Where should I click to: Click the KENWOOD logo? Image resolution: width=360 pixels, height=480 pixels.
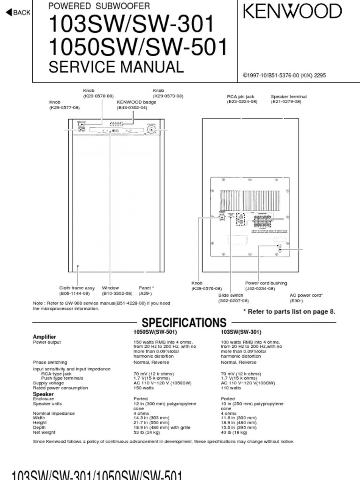click(292, 11)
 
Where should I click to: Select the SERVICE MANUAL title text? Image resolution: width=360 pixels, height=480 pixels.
click(116, 67)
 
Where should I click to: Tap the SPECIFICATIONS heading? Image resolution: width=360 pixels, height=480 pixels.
click(184, 322)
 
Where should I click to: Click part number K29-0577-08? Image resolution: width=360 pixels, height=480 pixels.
click(65, 108)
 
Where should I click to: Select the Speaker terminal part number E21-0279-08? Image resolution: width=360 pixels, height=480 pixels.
click(286, 101)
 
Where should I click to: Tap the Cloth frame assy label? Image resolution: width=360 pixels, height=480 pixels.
click(77, 288)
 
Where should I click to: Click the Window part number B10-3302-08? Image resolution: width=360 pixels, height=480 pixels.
click(117, 293)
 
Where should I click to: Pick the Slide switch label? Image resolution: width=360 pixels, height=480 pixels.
click(231, 295)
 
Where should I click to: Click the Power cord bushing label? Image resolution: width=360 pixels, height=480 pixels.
click(266, 283)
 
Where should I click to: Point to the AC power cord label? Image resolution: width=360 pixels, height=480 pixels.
click(306, 295)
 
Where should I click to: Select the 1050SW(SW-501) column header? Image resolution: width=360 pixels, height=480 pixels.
click(155, 332)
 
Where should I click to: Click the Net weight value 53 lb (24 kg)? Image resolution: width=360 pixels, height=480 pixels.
click(147, 432)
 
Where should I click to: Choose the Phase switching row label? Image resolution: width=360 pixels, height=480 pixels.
click(50, 362)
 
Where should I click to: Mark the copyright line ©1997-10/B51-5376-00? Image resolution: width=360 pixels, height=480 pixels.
click(284, 75)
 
